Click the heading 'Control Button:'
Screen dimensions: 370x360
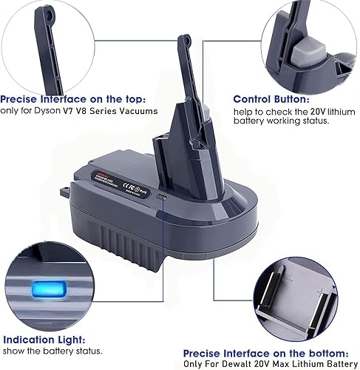coord(271,98)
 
